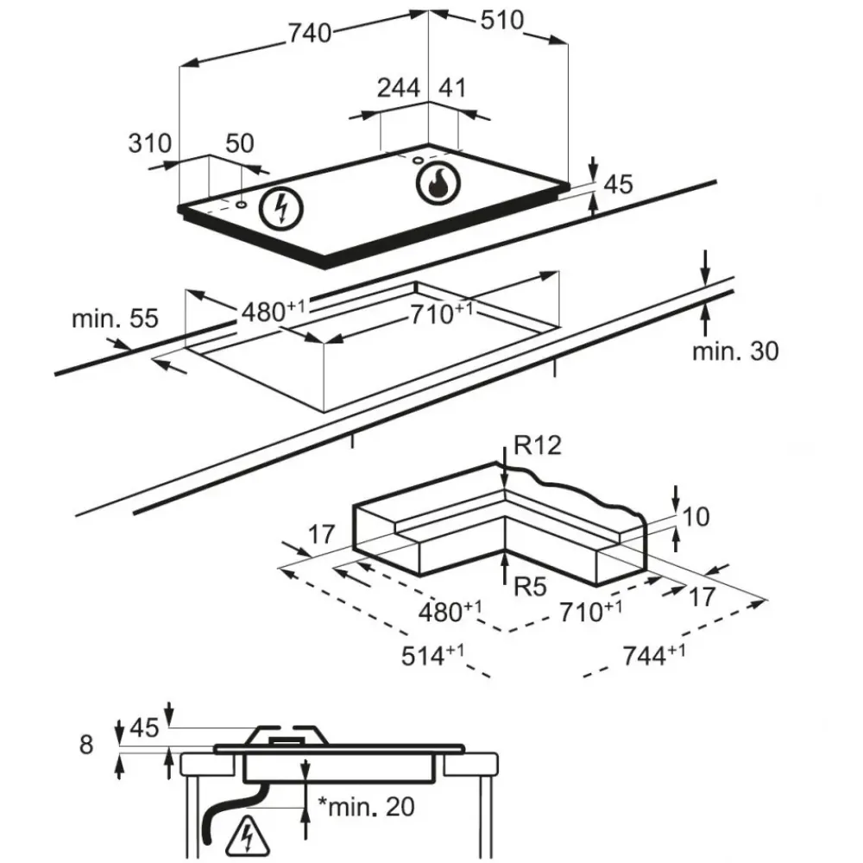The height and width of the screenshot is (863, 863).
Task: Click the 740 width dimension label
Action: tap(308, 33)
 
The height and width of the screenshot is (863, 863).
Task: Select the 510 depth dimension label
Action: tap(501, 21)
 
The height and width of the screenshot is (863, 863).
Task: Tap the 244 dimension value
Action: tap(399, 88)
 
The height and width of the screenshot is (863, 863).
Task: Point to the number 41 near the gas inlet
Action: tap(452, 88)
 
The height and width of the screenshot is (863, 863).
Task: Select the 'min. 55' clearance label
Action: tap(115, 319)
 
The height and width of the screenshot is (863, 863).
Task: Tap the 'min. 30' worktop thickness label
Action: tap(735, 351)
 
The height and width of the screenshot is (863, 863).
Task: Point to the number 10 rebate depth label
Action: tap(696, 517)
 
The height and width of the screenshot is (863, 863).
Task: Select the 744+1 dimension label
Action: tap(653, 655)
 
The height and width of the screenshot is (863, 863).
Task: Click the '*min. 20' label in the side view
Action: tap(365, 807)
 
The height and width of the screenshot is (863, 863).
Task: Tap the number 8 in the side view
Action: tap(85, 745)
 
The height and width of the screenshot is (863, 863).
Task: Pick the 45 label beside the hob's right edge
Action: tap(618, 184)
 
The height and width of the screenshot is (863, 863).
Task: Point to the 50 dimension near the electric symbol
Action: tap(240, 143)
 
